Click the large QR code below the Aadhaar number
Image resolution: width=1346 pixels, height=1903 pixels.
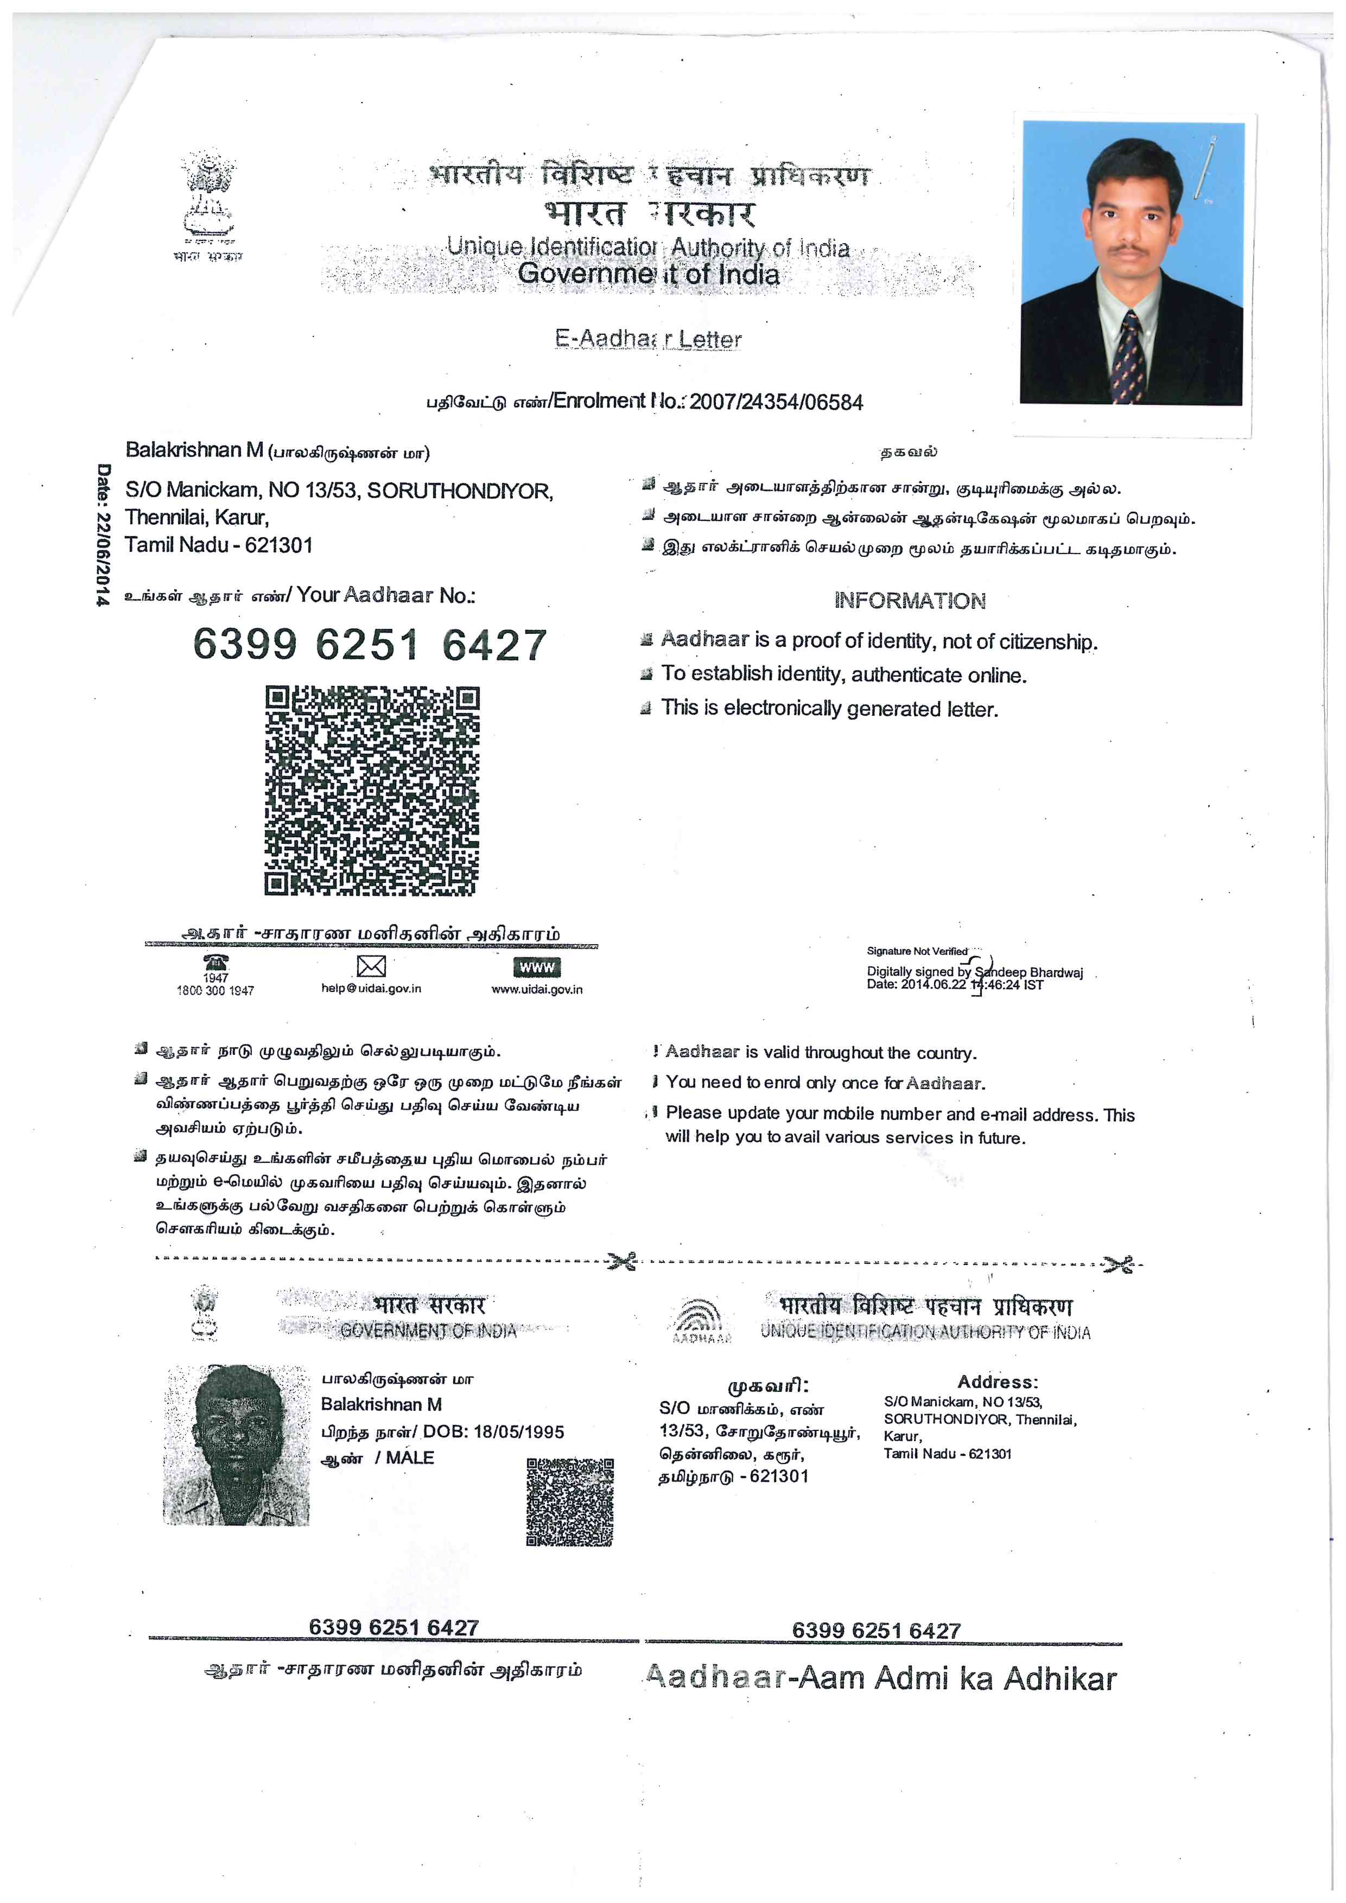click(x=371, y=790)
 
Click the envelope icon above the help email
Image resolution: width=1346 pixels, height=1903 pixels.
click(x=371, y=966)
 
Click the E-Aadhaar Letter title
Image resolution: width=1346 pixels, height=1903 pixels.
click(x=648, y=339)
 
